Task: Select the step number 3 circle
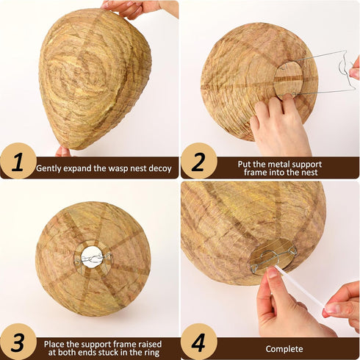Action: (18, 342)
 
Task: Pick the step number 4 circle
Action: (198, 342)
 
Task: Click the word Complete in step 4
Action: (284, 348)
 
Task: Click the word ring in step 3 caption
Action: (160, 353)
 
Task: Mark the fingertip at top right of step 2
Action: (355, 72)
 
